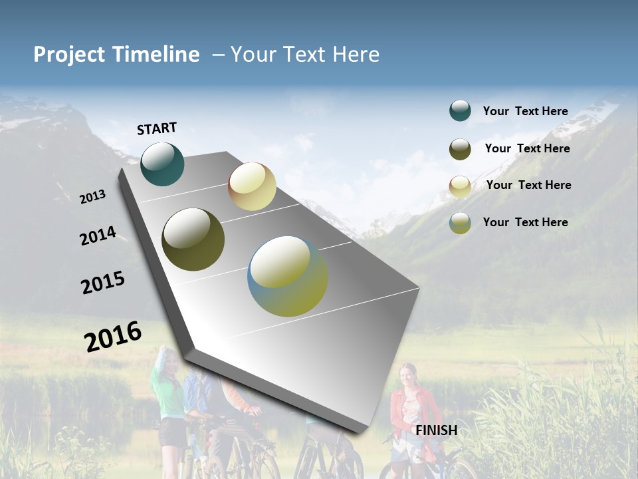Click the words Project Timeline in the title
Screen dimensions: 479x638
click(116, 55)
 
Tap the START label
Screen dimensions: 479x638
click(157, 128)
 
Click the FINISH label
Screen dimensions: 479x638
click(436, 430)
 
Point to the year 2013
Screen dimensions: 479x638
click(92, 197)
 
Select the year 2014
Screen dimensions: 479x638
click(98, 236)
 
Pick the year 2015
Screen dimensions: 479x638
click(103, 283)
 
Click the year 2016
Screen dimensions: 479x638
click(113, 336)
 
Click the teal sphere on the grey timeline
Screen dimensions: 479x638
click(162, 164)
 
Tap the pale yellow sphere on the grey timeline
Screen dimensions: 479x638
click(252, 186)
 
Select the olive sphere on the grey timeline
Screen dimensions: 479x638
click(193, 239)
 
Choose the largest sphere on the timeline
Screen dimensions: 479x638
click(288, 276)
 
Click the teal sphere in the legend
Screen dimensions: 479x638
click(460, 110)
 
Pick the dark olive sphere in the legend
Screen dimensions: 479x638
click(460, 149)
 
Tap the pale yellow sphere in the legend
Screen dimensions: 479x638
click(460, 186)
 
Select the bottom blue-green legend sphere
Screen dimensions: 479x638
click(460, 223)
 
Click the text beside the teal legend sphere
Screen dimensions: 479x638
click(525, 111)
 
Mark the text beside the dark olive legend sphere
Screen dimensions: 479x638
click(527, 148)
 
